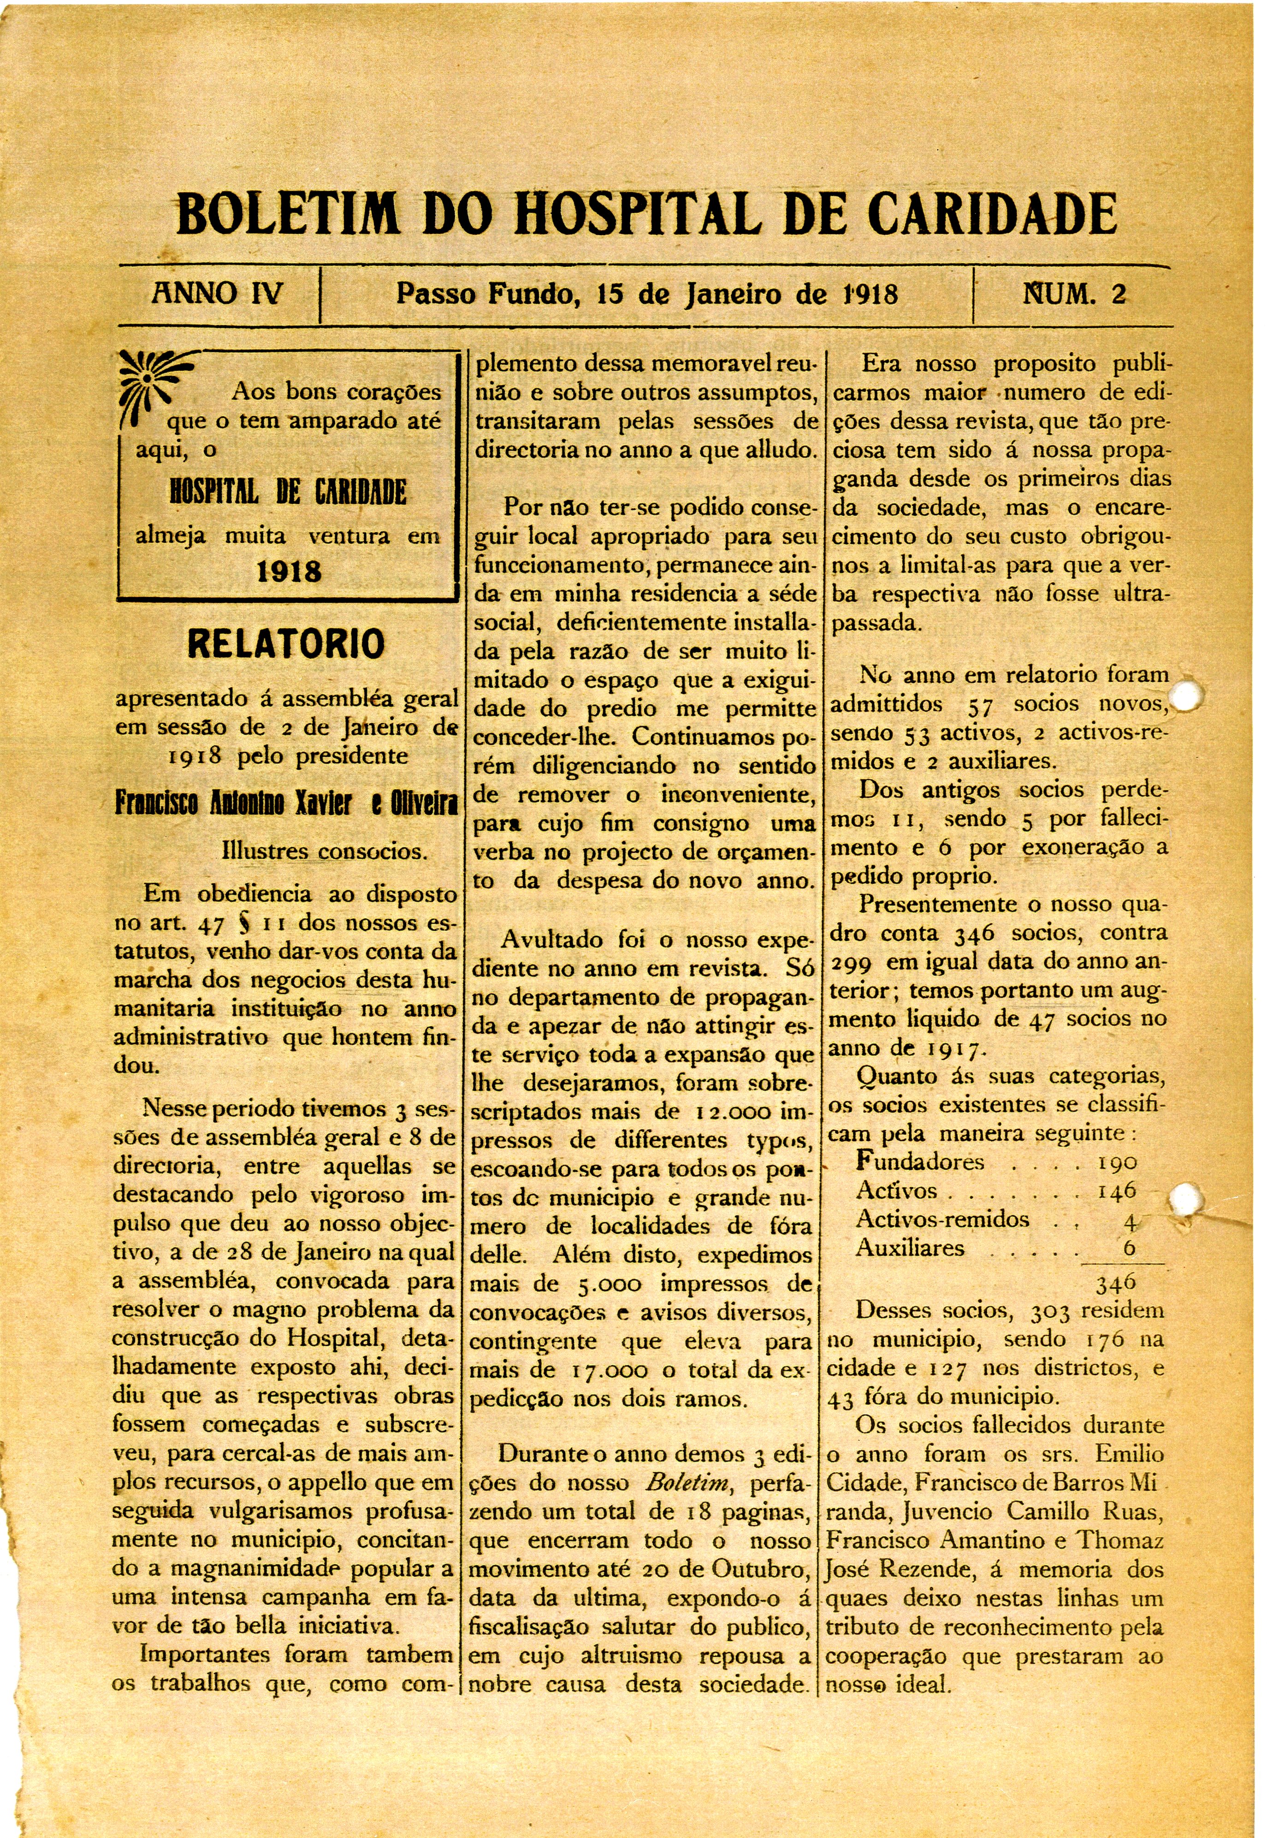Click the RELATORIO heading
click(x=286, y=644)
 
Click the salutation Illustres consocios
click(x=325, y=851)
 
